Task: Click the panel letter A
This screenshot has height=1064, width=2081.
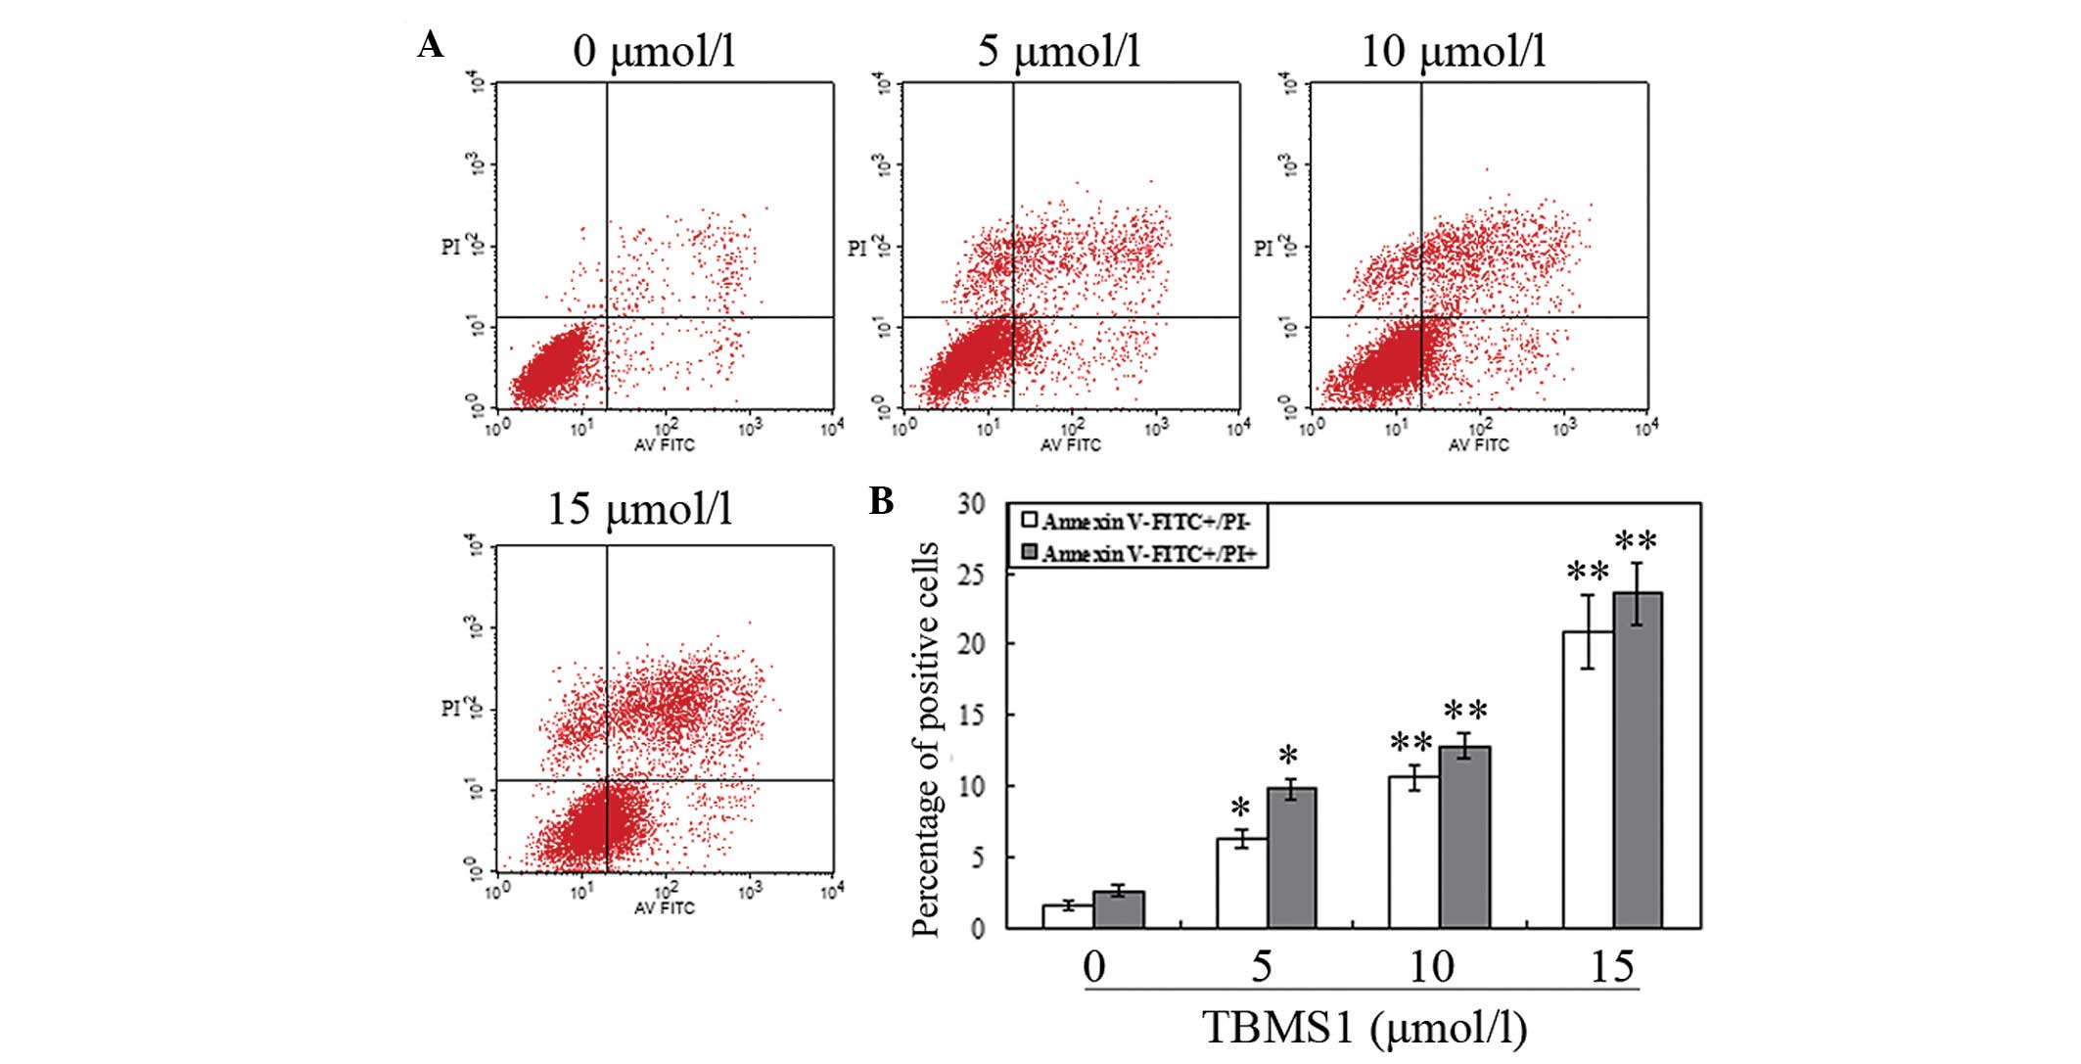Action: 430,44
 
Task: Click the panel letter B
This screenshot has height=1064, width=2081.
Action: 881,501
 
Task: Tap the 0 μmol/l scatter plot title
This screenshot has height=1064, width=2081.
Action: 653,51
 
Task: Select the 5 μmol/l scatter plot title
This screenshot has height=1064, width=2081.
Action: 1059,51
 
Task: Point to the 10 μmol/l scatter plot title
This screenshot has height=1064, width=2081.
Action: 1454,51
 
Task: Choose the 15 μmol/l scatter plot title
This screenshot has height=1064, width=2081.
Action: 639,509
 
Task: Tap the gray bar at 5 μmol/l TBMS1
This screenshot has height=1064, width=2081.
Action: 1292,857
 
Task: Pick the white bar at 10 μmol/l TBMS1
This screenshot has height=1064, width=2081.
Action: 1414,852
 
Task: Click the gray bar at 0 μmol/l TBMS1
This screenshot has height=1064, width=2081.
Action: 1119,909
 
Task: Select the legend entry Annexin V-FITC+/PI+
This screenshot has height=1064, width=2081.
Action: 1140,554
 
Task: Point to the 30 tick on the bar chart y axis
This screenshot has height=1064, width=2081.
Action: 972,503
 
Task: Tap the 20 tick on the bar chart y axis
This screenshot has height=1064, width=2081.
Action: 972,644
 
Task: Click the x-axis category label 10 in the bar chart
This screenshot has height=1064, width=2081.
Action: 1431,967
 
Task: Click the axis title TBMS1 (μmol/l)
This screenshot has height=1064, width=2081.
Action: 1364,1028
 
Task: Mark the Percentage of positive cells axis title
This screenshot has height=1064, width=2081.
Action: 926,739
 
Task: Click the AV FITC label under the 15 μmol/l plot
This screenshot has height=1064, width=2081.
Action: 665,908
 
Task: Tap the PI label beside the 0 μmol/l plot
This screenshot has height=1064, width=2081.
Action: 451,247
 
